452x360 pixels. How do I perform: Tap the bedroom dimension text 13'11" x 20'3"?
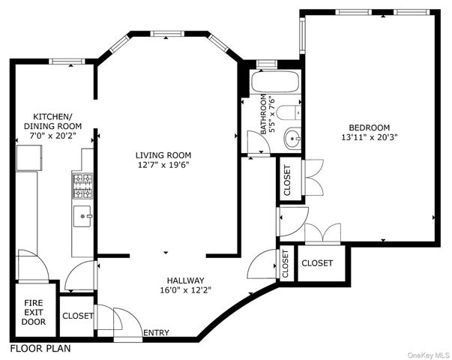tap(369, 137)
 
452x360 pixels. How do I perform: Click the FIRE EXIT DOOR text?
tap(33, 312)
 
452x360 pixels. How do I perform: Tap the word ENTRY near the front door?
tap(156, 333)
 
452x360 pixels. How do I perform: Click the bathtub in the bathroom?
tap(274, 82)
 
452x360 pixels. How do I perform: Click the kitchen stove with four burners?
tap(82, 184)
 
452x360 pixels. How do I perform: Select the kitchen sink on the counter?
tap(82, 217)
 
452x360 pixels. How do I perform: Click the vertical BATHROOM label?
tap(263, 114)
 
